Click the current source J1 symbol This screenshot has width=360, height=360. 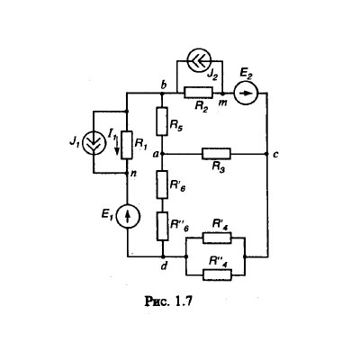(94, 143)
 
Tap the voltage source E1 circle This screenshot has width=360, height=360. (128, 216)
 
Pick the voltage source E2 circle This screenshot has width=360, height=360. (246, 94)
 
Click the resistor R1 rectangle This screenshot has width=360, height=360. (127, 145)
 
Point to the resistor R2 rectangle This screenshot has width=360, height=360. (199, 93)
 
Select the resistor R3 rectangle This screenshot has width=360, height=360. (217, 154)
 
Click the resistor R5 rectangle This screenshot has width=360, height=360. (162, 121)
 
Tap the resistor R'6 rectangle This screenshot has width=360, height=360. (162, 184)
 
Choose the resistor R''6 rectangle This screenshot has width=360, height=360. (163, 226)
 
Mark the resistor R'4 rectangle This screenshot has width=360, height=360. (217, 238)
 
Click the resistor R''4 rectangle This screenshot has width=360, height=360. (217, 274)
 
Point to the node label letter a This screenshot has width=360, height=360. (156, 155)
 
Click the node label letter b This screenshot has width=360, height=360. (164, 85)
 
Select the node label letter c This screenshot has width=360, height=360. (275, 155)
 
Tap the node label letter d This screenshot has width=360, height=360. (164, 265)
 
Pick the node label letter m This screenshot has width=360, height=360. (222, 103)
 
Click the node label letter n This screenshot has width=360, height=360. (133, 174)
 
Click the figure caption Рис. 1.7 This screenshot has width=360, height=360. (168, 301)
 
